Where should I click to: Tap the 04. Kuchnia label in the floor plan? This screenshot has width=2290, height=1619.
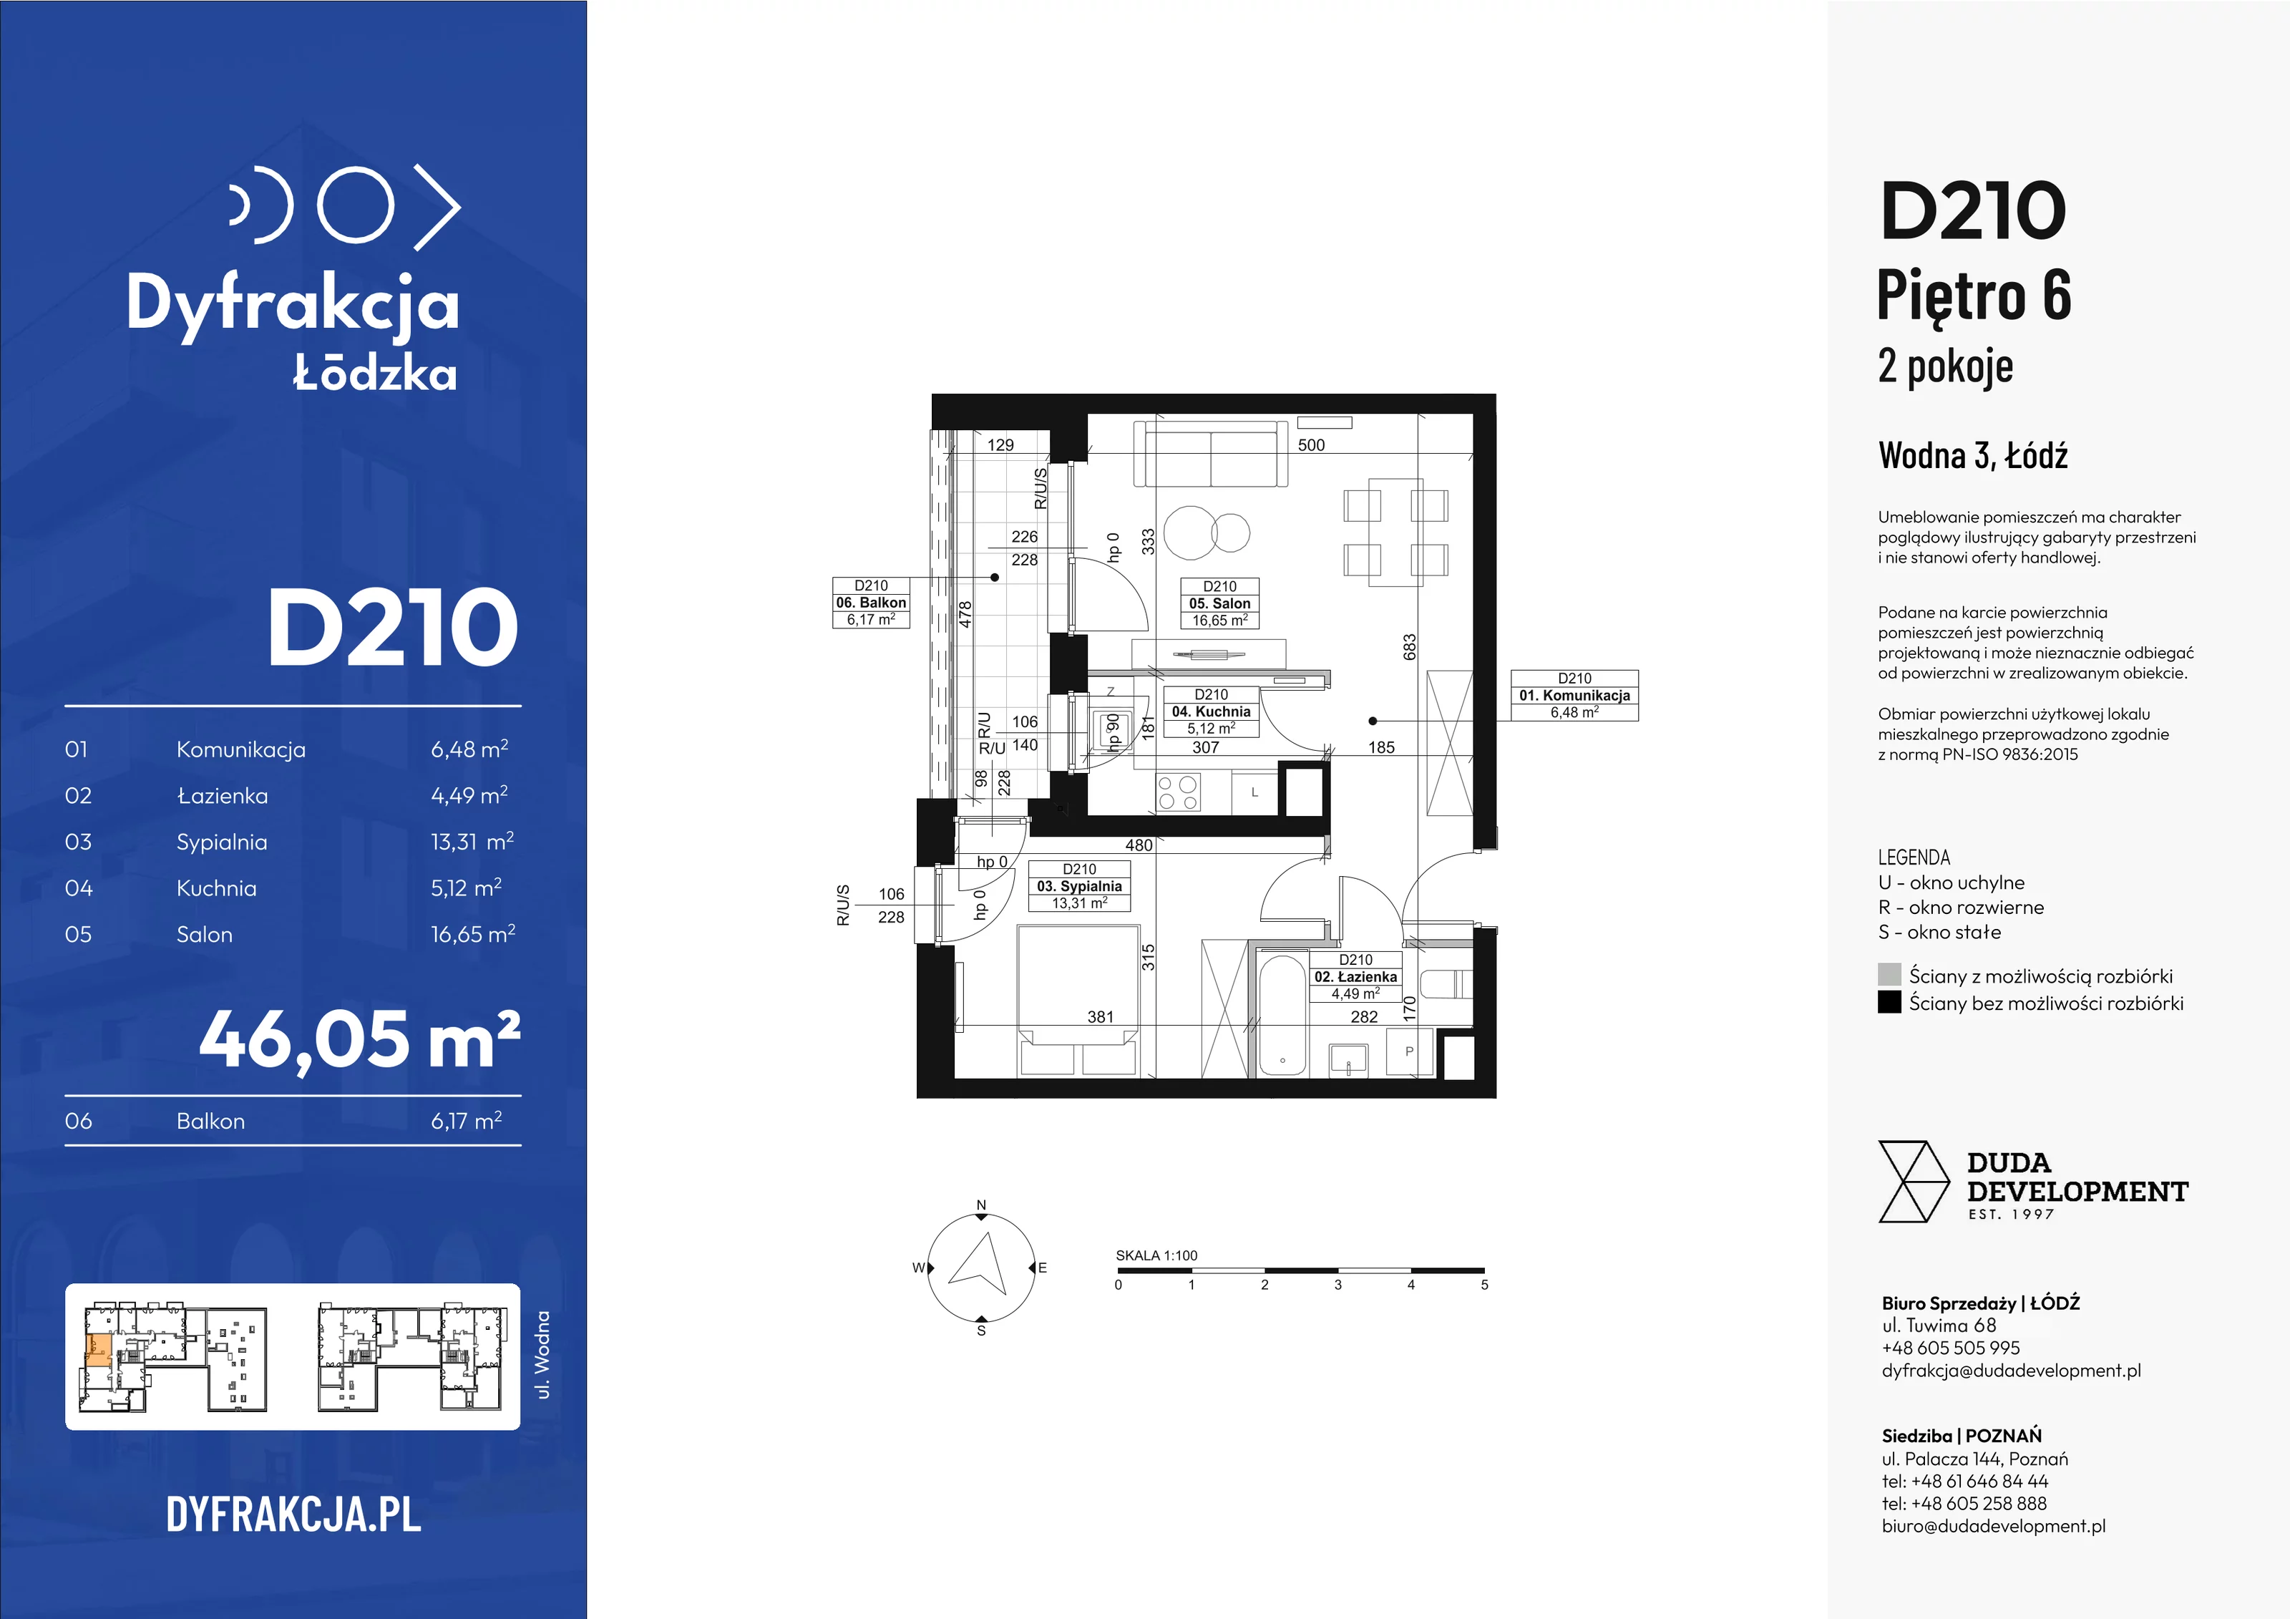point(1211,711)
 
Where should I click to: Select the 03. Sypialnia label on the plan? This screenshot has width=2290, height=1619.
point(1079,886)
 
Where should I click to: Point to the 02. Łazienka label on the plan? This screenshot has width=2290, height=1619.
point(1355,976)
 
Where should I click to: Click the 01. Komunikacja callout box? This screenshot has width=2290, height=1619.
point(1575,695)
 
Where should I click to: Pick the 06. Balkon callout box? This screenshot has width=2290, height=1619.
point(871,603)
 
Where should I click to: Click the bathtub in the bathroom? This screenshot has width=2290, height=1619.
point(1282,1014)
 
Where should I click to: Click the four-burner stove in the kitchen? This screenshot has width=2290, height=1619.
point(1178,794)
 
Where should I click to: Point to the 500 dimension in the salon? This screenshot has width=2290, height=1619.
point(1312,445)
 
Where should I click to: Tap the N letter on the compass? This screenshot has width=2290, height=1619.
point(981,1205)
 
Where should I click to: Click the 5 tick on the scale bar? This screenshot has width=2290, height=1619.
point(1484,1285)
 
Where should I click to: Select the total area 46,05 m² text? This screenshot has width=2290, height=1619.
point(359,1039)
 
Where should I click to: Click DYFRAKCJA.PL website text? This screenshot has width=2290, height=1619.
point(293,1515)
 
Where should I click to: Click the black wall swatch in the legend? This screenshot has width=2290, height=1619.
point(1889,1001)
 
